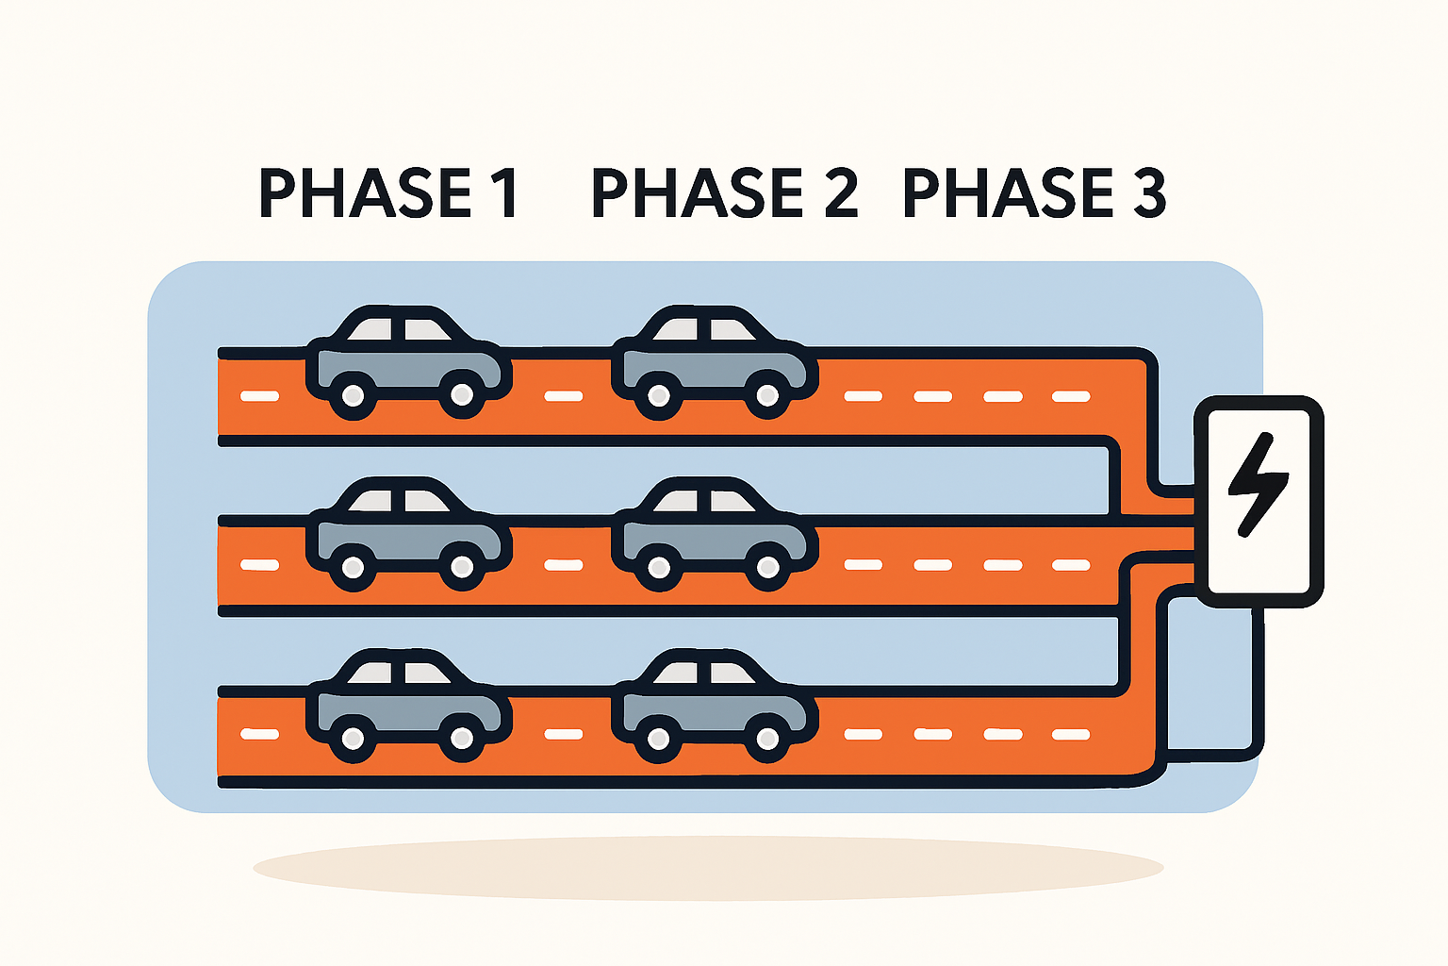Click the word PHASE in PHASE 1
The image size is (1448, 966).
[364, 193]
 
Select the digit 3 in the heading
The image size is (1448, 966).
[1147, 193]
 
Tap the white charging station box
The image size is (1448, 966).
[1259, 557]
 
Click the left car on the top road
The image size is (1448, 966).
[407, 363]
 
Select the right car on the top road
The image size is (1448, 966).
[713, 363]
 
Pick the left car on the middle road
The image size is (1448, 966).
[407, 535]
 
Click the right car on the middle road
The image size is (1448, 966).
[713, 535]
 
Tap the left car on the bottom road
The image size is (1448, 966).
[407, 707]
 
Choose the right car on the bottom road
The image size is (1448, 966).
[713, 707]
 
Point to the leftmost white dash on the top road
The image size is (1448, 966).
[259, 396]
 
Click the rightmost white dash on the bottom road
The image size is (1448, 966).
[1071, 734]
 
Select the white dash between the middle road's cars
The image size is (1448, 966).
[563, 566]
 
